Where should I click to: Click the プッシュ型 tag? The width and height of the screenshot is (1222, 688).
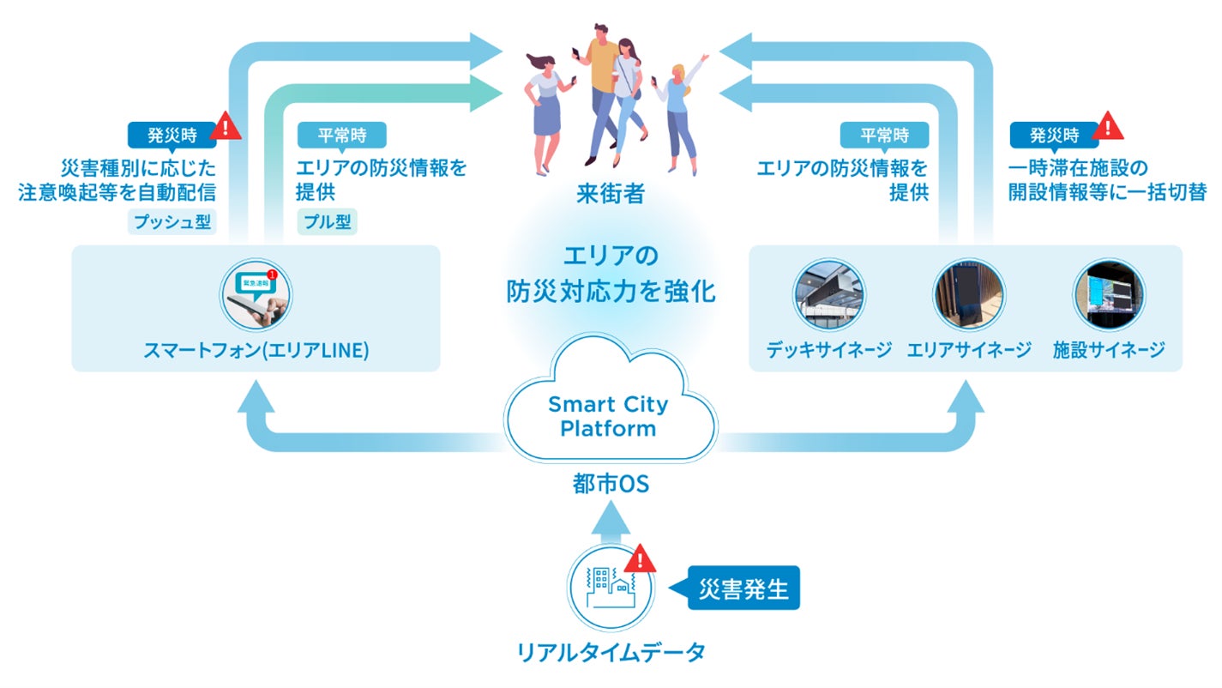[x=172, y=222]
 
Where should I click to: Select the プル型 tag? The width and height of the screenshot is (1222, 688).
[x=327, y=222]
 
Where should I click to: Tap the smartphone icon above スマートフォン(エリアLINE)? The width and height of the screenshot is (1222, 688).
[x=256, y=296]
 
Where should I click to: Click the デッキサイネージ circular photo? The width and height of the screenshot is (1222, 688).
[x=828, y=296]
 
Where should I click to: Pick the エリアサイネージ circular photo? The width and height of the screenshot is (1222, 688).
[x=969, y=296]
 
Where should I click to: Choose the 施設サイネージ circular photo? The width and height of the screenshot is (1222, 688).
[x=1109, y=296]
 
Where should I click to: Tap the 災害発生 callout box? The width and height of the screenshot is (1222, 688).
[x=743, y=588]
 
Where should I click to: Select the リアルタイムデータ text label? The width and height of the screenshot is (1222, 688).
[x=611, y=652]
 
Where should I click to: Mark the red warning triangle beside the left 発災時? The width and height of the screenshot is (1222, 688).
[x=226, y=128]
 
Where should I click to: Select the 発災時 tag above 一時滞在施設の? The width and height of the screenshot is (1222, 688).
[x=1053, y=135]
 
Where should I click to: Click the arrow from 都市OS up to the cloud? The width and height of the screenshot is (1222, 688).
[x=611, y=523]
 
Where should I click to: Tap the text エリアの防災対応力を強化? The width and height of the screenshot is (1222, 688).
[x=610, y=273]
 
